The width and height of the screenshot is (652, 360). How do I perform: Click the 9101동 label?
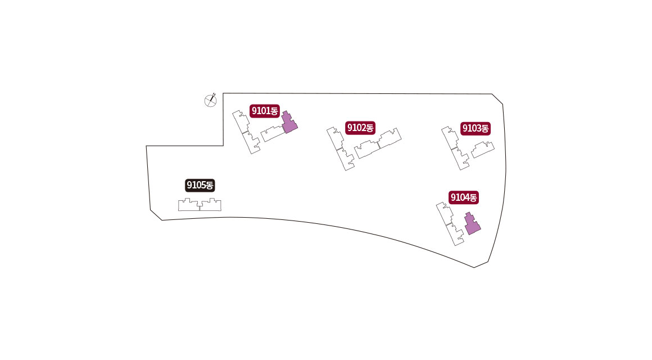coord(265,111)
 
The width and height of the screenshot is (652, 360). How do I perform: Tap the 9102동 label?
coord(360,128)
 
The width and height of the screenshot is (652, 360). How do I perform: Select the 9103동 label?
coord(476,128)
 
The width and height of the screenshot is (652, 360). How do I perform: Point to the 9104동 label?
coord(463,197)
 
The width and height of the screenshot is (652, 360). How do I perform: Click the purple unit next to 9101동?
coord(289,122)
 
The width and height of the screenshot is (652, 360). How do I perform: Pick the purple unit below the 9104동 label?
coord(472,223)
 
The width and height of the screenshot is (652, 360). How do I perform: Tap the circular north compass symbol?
coord(210,101)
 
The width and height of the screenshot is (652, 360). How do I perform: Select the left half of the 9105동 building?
coord(189,205)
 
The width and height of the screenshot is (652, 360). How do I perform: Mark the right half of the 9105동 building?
coord(211,205)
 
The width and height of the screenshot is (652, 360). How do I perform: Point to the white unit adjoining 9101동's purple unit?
coord(271,134)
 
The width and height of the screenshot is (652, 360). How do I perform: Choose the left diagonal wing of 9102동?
coord(341,149)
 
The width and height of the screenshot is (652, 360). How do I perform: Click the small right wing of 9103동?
coord(483,150)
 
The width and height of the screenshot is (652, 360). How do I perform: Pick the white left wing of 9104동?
coord(451,224)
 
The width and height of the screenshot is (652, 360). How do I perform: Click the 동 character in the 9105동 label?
coord(210,184)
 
